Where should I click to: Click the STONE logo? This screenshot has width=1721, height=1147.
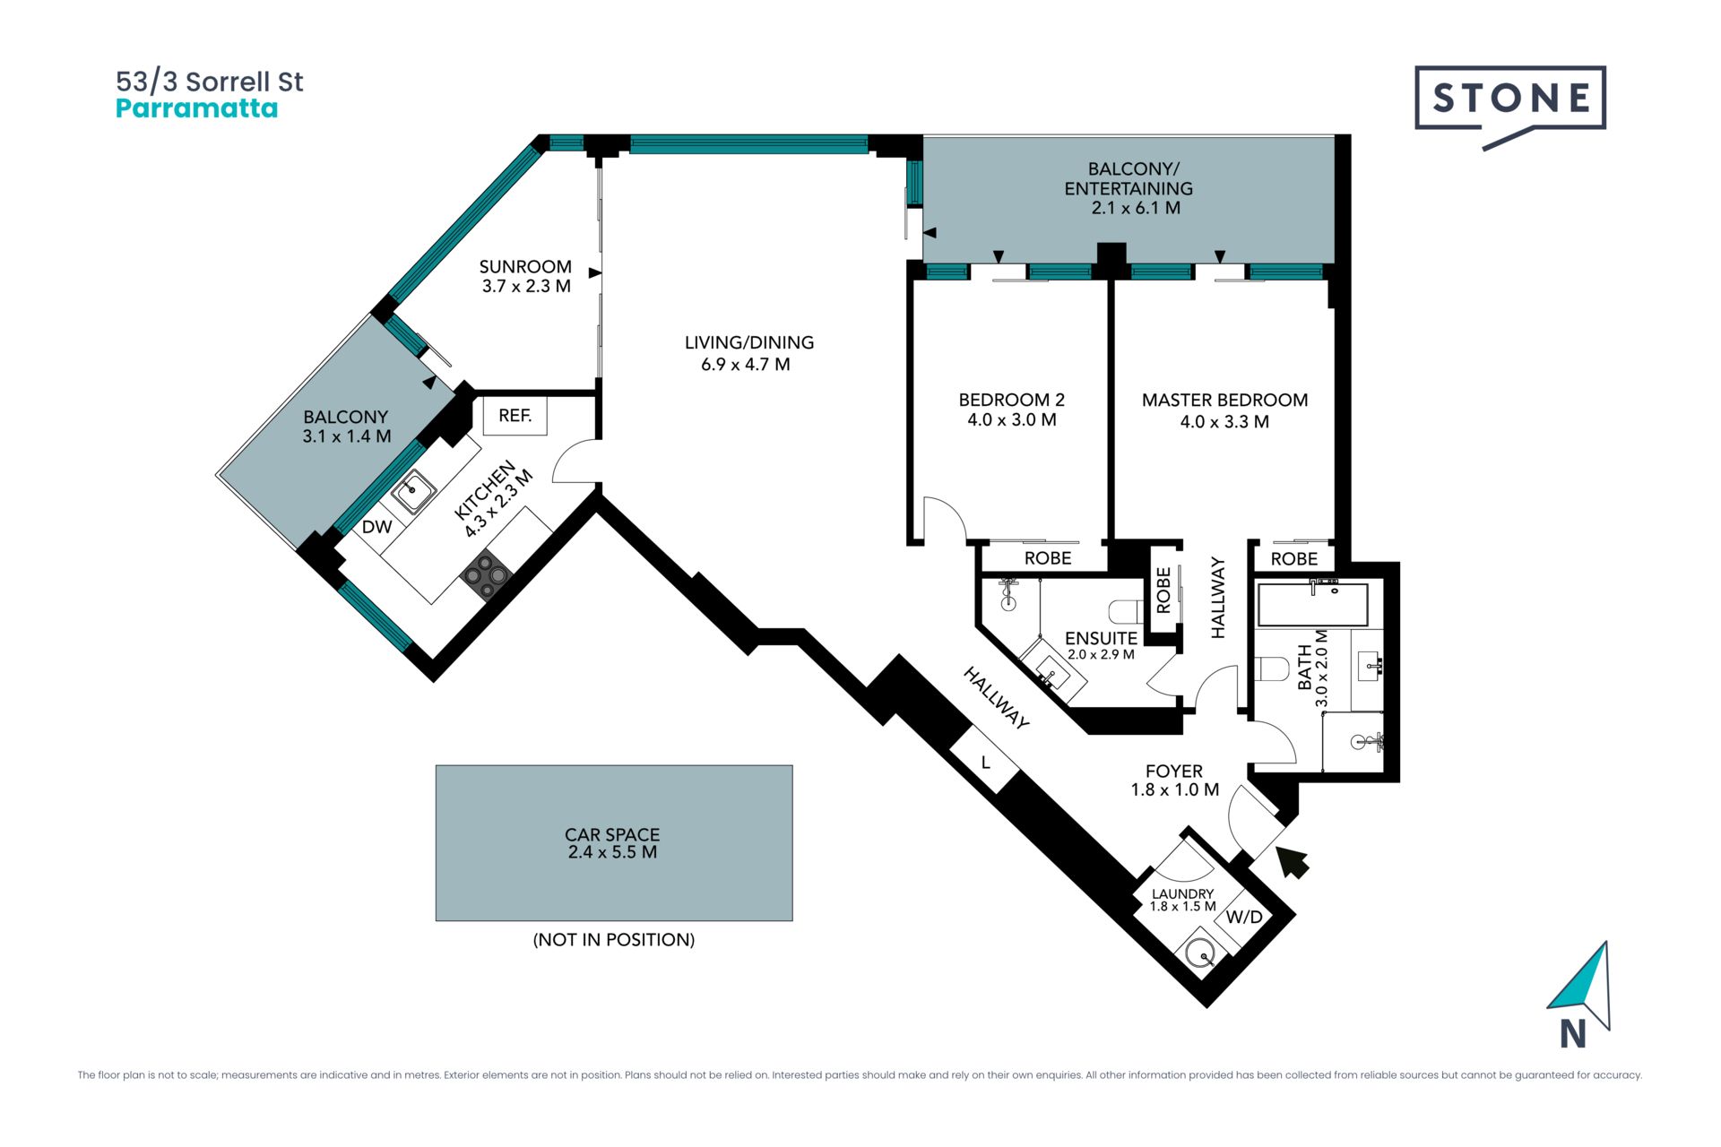tap(1510, 107)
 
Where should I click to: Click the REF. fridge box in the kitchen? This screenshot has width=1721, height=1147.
tap(515, 416)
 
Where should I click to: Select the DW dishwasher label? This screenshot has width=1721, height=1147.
tap(377, 527)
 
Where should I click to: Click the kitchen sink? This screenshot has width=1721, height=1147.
tap(413, 490)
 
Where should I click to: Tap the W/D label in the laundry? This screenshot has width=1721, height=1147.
tap(1244, 917)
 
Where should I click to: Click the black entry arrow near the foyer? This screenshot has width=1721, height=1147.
tap(1292, 861)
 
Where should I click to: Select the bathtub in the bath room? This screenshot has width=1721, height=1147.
tap(1313, 604)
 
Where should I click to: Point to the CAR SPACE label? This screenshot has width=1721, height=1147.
tap(612, 834)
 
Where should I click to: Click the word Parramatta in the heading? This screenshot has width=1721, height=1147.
tap(197, 108)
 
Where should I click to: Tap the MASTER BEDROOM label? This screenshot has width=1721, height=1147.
tap(1224, 401)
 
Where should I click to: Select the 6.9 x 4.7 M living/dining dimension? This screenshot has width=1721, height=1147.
tap(746, 365)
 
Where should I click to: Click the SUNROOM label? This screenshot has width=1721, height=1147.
tap(525, 267)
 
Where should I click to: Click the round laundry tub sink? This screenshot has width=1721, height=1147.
tap(1199, 954)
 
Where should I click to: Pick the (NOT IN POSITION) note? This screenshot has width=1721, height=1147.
tap(614, 940)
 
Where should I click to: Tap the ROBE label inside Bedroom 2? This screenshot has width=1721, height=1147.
tap(1048, 558)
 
